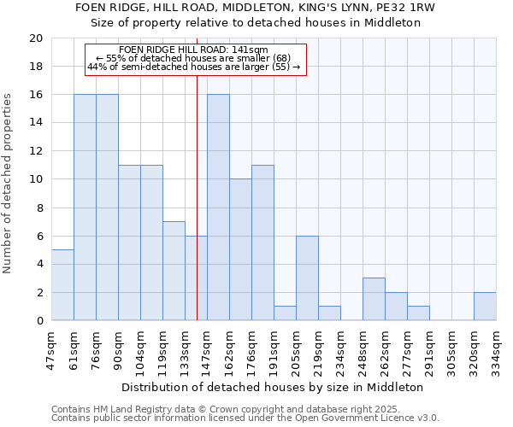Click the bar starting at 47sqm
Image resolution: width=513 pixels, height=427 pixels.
pyautogui.click(x=62, y=285)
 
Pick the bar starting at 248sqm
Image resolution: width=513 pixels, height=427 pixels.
pyautogui.click(x=374, y=299)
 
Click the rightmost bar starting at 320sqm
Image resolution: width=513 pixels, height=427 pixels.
pyautogui.click(x=485, y=307)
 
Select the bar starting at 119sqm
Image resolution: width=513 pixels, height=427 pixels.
pyautogui.click(x=174, y=271)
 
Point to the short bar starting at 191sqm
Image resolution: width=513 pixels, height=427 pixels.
pyautogui.click(x=285, y=313)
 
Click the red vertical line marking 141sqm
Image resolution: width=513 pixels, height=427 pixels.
pyautogui.click(x=198, y=213)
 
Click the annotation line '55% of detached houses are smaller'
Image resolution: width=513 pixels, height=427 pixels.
pyautogui.click(x=194, y=58)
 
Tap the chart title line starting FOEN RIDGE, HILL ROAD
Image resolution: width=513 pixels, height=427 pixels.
pyautogui.click(x=256, y=8)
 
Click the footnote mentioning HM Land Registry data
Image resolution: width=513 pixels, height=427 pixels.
pyautogui.click(x=244, y=409)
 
